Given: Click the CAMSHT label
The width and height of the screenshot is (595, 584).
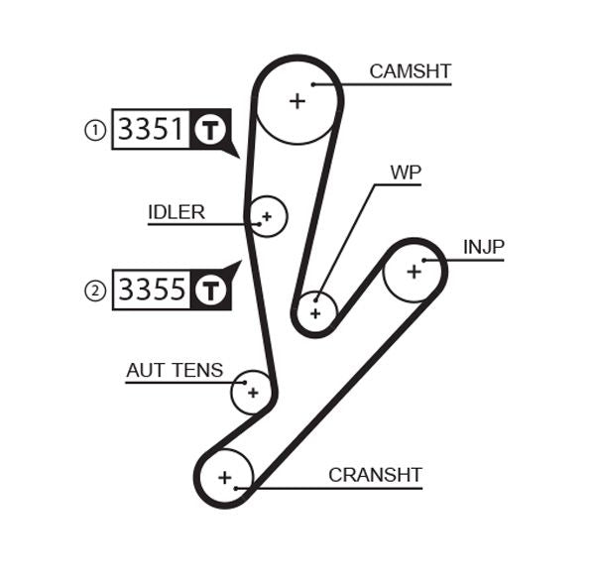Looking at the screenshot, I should point(410,71).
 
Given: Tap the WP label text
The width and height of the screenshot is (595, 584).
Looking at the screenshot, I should point(406,173).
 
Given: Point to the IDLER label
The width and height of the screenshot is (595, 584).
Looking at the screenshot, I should point(177,212).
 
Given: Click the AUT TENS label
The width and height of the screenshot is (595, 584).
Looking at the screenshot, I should point(175,371).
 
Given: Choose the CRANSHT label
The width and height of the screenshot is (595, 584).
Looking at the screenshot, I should point(375,475).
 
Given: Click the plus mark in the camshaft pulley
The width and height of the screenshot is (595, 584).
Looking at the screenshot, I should point(297,100).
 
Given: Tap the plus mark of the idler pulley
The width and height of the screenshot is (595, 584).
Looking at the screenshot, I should point(266,215).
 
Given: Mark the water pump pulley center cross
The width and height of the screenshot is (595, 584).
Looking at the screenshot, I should point(315,313).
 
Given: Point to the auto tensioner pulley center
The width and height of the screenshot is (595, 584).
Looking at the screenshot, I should point(252,393).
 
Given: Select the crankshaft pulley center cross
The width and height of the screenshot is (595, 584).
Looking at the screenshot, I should point(225,478).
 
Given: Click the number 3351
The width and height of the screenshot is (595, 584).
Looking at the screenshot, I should point(151,129).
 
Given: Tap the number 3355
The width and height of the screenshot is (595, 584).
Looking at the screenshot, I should point(151,290).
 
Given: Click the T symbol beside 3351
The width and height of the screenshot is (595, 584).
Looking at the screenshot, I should point(209,130).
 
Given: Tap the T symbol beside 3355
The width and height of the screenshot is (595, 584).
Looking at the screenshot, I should point(209,291).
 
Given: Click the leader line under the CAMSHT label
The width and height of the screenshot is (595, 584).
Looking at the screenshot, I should point(397,84).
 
